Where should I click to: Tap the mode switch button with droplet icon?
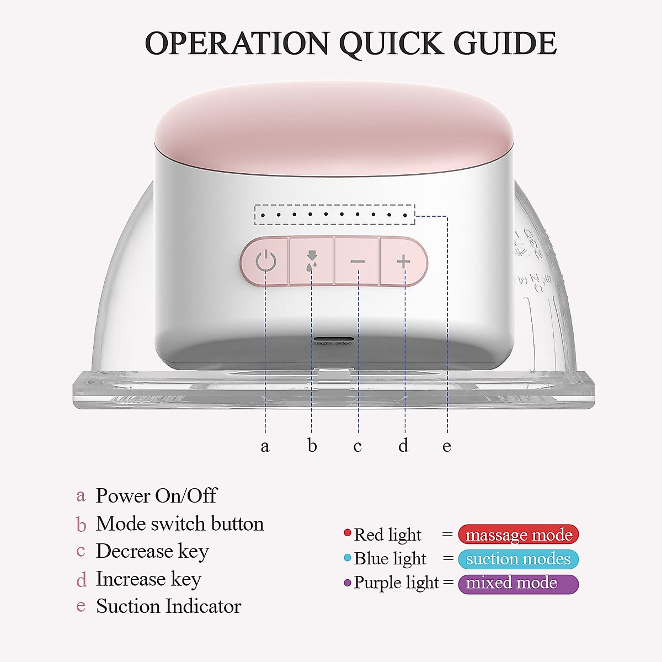[x=312, y=260]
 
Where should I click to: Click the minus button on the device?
[x=357, y=261]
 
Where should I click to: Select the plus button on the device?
[x=404, y=261]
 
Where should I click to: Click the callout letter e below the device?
[x=447, y=446]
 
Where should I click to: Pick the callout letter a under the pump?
[x=265, y=446]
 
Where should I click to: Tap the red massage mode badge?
[x=519, y=535]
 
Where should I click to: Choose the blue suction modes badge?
[x=519, y=559]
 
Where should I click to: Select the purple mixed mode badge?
[x=519, y=583]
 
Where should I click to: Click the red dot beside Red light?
[x=348, y=533]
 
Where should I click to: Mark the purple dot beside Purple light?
[x=348, y=583]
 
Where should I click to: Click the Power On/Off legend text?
[x=156, y=495]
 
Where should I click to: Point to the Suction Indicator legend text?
[x=168, y=606]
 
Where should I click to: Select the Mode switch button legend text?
[x=180, y=524]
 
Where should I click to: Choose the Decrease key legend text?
[x=152, y=551]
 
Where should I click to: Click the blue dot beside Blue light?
[x=348, y=558]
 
